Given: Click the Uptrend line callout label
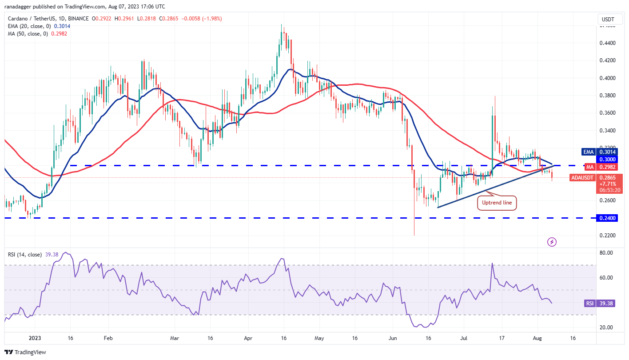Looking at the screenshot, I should (x=497, y=203).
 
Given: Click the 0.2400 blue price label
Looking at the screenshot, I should (x=608, y=218).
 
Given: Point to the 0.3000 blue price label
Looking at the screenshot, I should (x=608, y=159).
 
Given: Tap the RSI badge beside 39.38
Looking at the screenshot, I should (x=589, y=303).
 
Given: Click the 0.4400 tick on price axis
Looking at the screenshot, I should (x=608, y=43).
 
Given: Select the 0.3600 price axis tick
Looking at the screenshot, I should (x=608, y=113).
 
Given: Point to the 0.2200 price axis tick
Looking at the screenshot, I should (x=608, y=235).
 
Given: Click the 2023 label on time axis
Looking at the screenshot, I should (x=35, y=338).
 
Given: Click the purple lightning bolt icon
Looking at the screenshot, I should (x=552, y=242).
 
